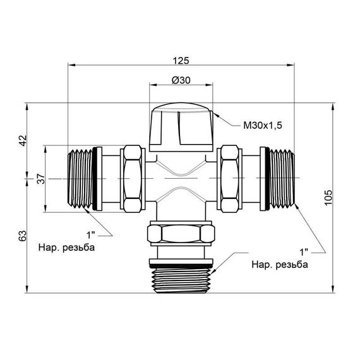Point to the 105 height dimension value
(x=327, y=198)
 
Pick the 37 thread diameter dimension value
(x=41, y=180)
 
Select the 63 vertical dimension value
(x=23, y=236)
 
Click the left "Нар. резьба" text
(x=66, y=247)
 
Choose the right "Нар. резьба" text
(x=280, y=264)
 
